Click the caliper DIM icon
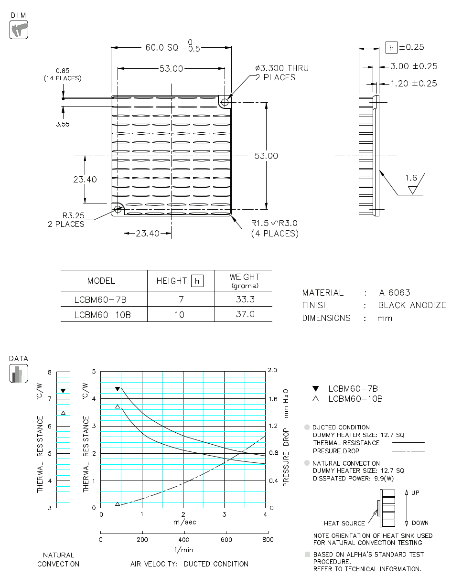coord(19,30)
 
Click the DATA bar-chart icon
coord(19,374)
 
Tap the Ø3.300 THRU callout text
coord(282,68)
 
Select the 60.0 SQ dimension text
coord(161,48)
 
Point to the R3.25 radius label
coord(73,216)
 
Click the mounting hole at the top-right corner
coord(225,102)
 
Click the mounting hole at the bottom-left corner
coord(118,209)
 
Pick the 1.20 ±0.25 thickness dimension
coord(413,84)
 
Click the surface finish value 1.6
coord(411,178)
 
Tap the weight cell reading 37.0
coord(245,314)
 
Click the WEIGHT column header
coord(245,280)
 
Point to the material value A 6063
coord(395,293)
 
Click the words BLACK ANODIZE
coord(412,305)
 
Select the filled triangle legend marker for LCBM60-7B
coord(315,389)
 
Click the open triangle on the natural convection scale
coord(63,412)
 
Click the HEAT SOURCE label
coord(344,524)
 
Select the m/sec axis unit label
coord(184,522)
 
